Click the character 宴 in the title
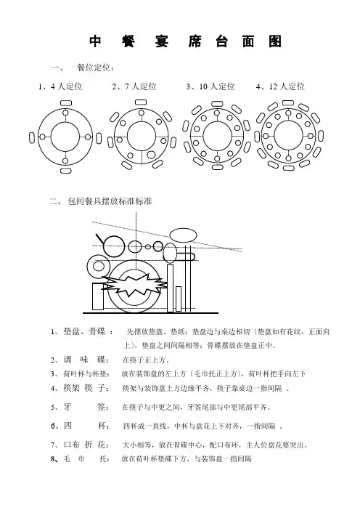coord(161,41)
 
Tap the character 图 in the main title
coord(275,41)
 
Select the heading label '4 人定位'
coord(67,86)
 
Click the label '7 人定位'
coord(141,86)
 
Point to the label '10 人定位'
coord(217,86)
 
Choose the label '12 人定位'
coord(287,86)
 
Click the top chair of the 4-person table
coord(65,103)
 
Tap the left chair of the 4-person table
coord(32,137)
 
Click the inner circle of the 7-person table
coord(141,136)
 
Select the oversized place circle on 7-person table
coord(151,155)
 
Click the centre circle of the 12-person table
coord(288,135)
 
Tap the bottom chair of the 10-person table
coord(217,167)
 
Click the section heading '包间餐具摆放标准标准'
coord(110,201)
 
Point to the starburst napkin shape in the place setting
coord(134,284)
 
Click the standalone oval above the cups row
coord(184,235)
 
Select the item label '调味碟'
coord(84,360)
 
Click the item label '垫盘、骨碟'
coord(84,332)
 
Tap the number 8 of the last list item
coord(53,459)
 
